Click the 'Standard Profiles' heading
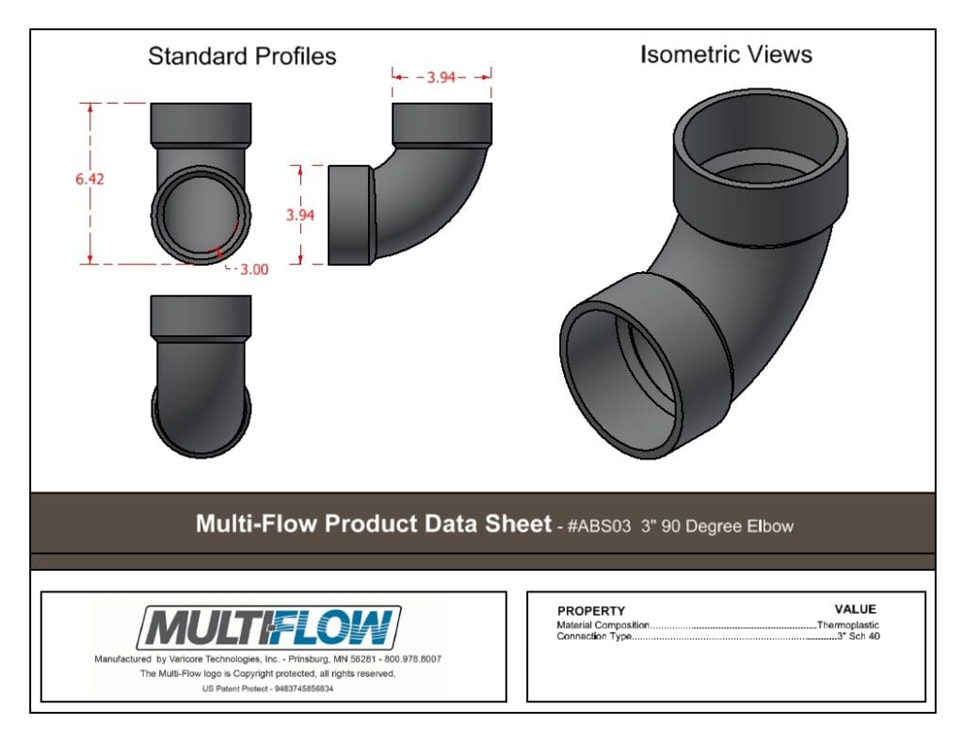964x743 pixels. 242,56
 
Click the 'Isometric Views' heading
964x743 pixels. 726,55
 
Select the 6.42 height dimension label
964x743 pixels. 89,179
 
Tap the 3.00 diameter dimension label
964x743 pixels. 254,269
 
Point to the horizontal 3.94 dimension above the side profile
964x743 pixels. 442,77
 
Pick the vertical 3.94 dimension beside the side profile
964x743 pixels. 300,216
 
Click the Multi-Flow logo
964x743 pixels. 268,627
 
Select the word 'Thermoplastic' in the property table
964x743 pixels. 848,625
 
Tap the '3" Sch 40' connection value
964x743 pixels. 859,636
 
